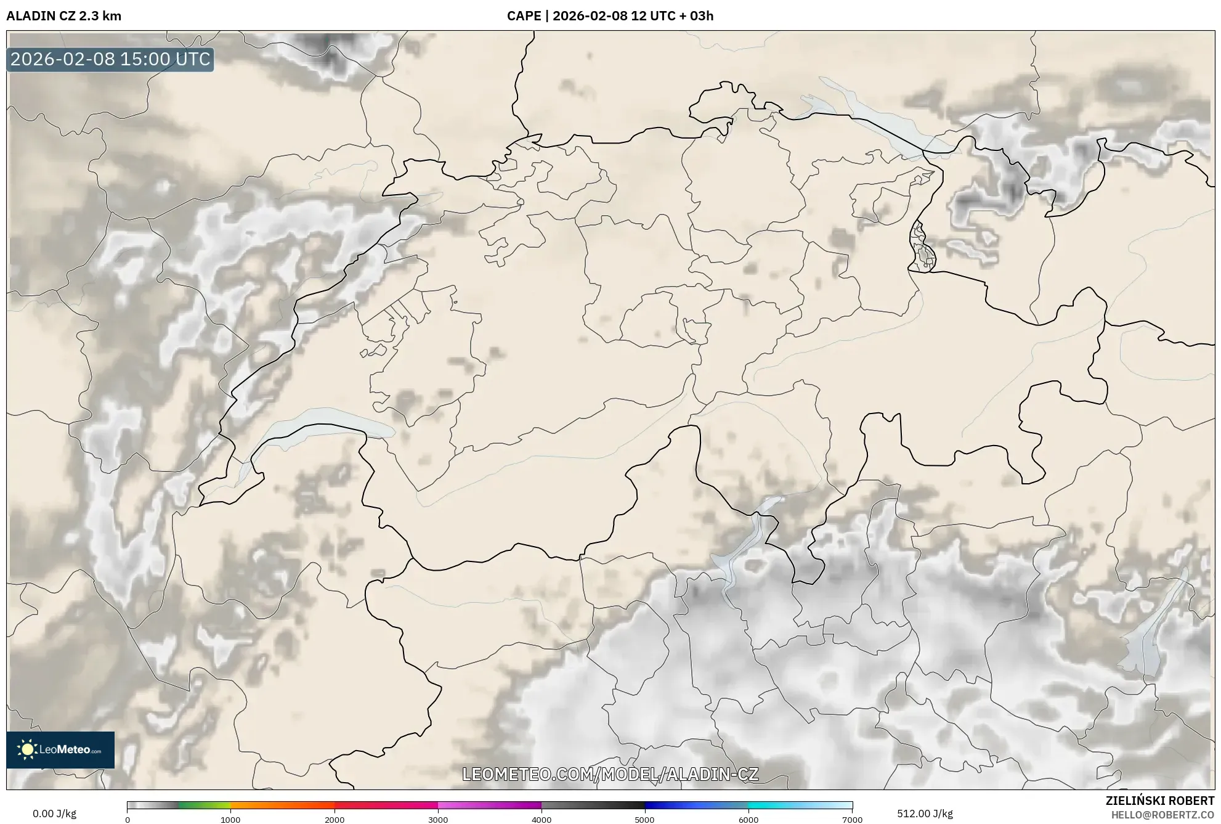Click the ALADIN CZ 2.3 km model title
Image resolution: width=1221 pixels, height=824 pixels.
click(64, 16)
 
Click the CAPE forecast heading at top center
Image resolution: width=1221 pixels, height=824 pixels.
click(610, 16)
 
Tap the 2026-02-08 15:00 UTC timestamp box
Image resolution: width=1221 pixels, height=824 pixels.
click(110, 59)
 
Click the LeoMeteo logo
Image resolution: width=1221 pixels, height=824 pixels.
click(60, 749)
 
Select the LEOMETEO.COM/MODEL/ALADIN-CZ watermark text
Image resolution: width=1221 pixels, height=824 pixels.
click(610, 774)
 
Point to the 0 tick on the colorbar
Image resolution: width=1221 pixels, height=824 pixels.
click(128, 820)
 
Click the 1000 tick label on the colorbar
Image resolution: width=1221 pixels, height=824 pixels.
click(230, 820)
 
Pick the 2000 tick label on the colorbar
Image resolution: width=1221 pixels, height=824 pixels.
click(335, 820)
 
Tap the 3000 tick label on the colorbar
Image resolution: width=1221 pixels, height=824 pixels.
click(438, 820)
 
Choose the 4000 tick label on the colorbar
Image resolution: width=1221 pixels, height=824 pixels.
click(542, 820)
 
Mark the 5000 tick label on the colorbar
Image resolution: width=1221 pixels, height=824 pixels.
click(644, 820)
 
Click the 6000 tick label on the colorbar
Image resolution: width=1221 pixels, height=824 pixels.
click(748, 820)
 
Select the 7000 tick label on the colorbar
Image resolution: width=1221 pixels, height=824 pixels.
click(852, 820)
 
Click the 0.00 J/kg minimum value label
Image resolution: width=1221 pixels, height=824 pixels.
click(54, 814)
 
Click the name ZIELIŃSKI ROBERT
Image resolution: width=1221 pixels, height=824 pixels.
click(1159, 801)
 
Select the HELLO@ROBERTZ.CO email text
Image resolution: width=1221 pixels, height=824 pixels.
click(1162, 815)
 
